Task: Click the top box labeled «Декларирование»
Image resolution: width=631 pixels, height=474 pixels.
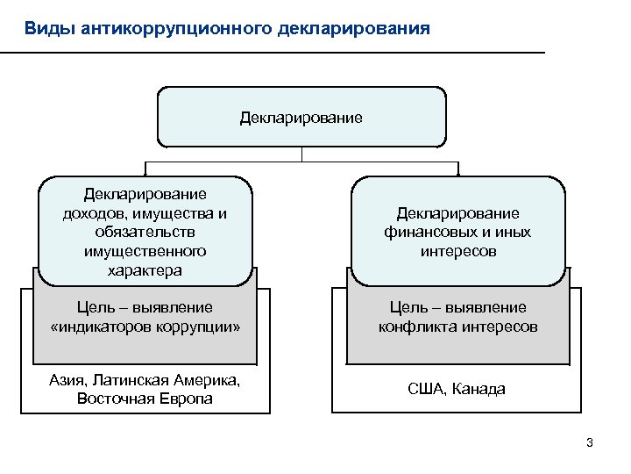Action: point(301,117)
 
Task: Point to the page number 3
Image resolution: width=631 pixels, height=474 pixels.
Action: point(590,442)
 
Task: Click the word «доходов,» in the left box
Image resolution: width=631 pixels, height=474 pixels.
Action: point(94,212)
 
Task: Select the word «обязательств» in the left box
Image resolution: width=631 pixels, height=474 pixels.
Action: point(145,232)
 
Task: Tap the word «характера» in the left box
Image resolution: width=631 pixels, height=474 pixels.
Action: point(145,270)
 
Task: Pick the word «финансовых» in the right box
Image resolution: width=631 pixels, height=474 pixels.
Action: point(423,233)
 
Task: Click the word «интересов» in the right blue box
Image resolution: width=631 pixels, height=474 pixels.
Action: point(457,252)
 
